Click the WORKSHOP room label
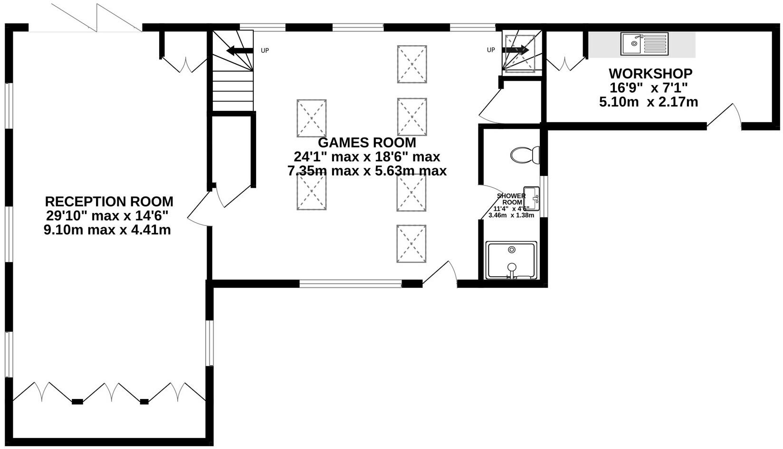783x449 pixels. click(x=650, y=74)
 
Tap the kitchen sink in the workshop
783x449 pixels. click(x=644, y=44)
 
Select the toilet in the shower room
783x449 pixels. click(x=525, y=155)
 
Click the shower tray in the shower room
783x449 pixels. click(x=511, y=260)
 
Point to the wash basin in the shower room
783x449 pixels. click(x=532, y=198)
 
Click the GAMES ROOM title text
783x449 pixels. click(x=367, y=143)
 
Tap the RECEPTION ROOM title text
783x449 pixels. click(x=109, y=202)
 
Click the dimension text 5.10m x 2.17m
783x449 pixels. click(x=649, y=102)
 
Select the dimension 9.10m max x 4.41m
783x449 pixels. click(x=107, y=230)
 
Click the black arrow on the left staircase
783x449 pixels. click(x=239, y=50)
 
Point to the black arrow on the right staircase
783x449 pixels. click(x=516, y=49)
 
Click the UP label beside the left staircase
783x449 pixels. click(x=265, y=50)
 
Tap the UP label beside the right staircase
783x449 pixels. click(x=491, y=50)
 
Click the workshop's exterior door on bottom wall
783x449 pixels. click(x=725, y=117)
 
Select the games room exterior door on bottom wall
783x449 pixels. click(x=440, y=274)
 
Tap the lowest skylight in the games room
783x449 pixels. click(x=411, y=244)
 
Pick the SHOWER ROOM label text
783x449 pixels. click(x=512, y=199)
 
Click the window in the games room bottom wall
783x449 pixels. click(x=351, y=284)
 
